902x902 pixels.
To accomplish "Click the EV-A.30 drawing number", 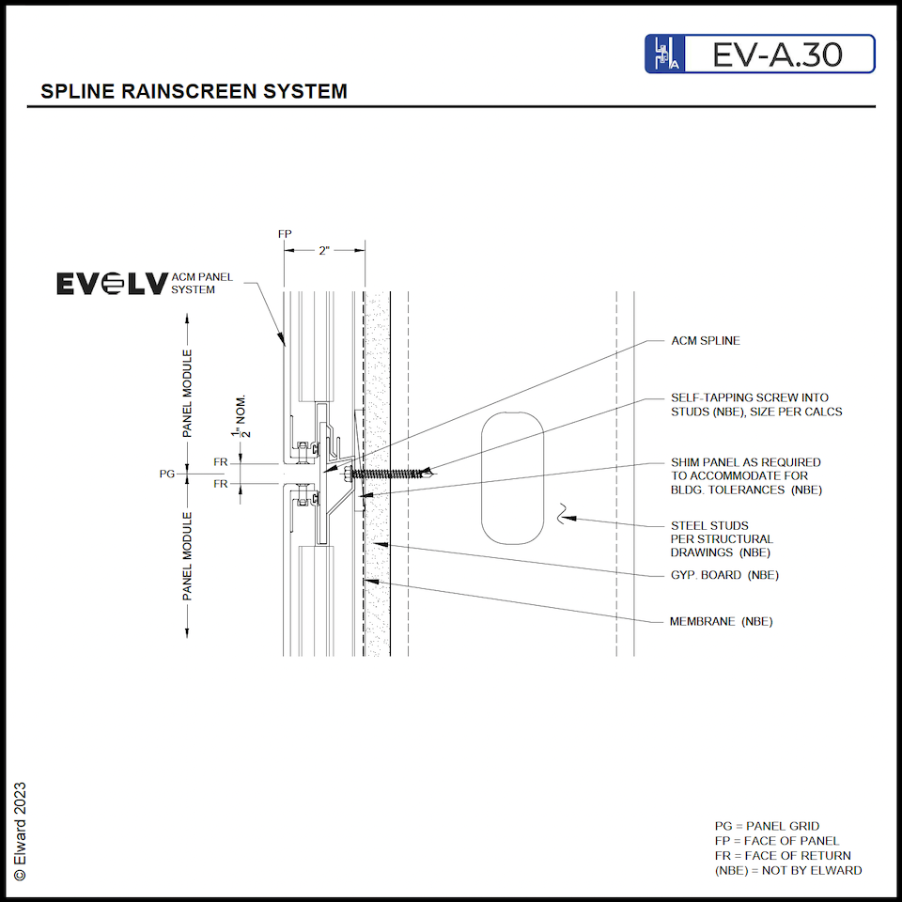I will pos(776,54).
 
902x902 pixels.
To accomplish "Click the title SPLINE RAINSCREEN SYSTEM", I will pos(194,92).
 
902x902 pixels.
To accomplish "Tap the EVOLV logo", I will pos(112,284).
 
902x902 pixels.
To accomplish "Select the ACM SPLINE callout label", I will pos(706,341).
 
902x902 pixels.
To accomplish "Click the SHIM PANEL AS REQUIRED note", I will pos(745,476).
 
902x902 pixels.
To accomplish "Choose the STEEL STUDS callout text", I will pos(722,539).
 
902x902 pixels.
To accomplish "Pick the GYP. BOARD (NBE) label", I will pos(723,575).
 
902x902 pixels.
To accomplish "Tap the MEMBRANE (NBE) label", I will pos(721,622).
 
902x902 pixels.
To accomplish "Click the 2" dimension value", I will pos(324,250).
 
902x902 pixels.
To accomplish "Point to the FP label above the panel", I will pos(285,232).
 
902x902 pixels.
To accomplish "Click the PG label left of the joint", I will pos(167,474).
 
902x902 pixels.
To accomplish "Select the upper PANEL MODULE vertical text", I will pos(188,394).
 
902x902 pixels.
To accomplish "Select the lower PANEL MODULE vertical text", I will pos(188,556).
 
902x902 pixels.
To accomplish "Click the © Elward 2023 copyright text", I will pos(21,832).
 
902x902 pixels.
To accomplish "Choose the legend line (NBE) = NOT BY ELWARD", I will pos(787,870).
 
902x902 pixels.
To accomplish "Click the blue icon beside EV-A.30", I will pos(663,54).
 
